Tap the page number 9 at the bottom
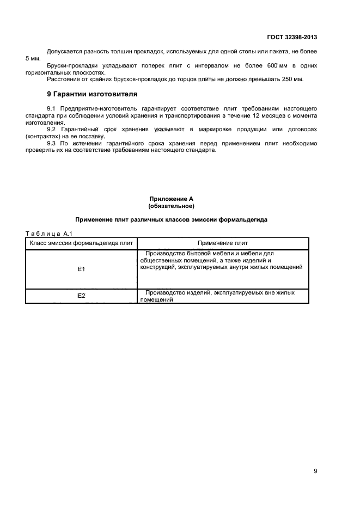(x=315, y=471)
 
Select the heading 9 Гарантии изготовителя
(x=90, y=94)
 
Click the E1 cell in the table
(x=81, y=269)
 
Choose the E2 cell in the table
(x=81, y=296)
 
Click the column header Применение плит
(x=223, y=243)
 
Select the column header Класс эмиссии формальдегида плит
(x=81, y=243)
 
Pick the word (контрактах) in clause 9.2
(x=43, y=136)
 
